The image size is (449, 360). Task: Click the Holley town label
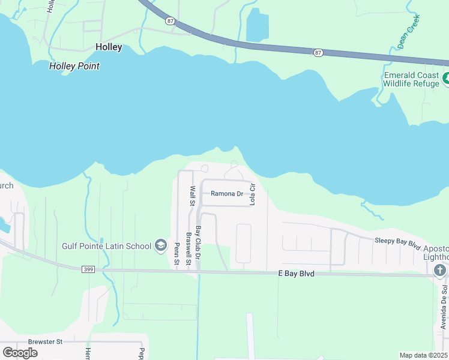(109, 47)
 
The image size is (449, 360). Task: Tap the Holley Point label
(74, 66)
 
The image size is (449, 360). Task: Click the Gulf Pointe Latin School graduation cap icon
(160, 245)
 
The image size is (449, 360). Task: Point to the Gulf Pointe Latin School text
(107, 245)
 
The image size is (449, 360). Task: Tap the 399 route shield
(89, 269)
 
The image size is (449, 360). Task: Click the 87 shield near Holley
(171, 20)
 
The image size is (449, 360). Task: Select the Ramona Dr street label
(226, 194)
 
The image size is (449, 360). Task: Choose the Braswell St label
(188, 248)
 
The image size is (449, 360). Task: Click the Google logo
(20, 352)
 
